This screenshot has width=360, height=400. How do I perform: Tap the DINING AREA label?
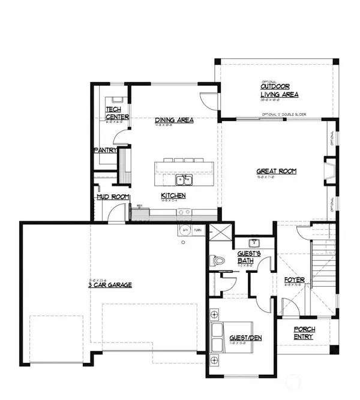point(173,120)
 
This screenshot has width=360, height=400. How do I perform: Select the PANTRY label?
point(104,151)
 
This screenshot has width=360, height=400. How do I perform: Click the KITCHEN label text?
point(173,196)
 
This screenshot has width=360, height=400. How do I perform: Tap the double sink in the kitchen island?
point(184,180)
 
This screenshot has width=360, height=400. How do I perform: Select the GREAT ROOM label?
point(277,171)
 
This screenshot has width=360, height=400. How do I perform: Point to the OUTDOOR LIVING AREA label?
point(279,91)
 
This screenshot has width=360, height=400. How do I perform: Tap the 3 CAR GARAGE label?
point(109,285)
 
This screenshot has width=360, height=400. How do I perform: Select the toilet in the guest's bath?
point(217,261)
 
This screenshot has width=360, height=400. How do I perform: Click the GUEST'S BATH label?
point(248,256)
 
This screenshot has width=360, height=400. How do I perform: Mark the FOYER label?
point(295,280)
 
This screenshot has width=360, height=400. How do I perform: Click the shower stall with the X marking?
point(220,231)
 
